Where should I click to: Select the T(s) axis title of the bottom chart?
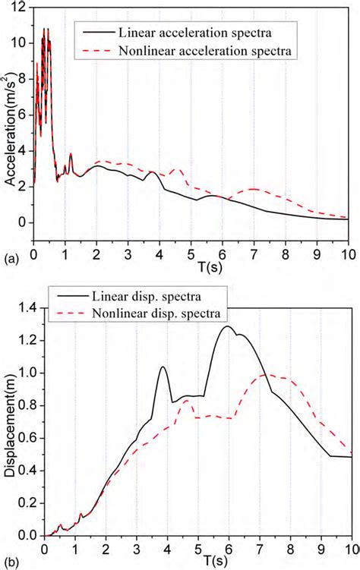tap(198, 562)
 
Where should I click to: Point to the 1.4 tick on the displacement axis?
tap(29, 307)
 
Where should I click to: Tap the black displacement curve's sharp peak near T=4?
tap(163, 367)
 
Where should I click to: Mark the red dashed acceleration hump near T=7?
tap(253, 188)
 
